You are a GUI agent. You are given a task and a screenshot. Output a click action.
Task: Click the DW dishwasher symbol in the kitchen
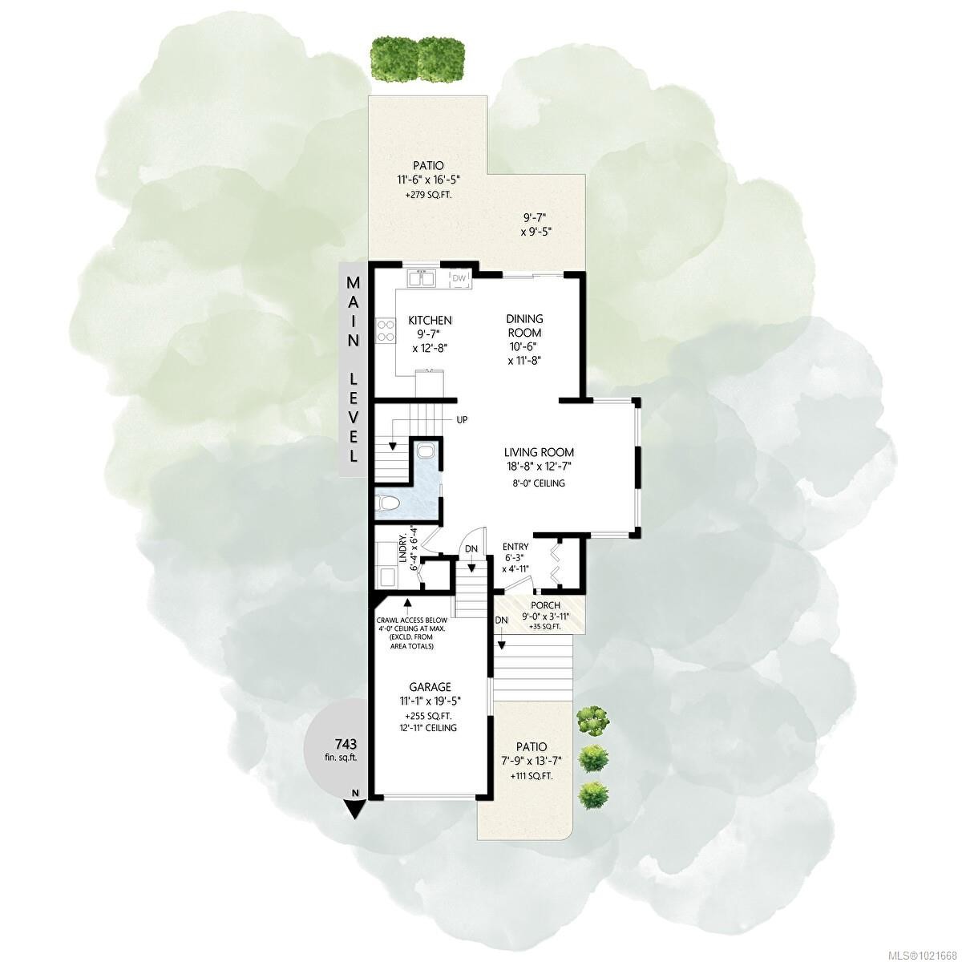click(x=459, y=278)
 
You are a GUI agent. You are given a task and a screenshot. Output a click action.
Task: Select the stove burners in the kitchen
click(x=386, y=330)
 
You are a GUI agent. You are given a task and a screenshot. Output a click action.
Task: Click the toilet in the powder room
click(x=388, y=503)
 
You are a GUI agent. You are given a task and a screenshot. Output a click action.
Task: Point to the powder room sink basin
click(x=425, y=450)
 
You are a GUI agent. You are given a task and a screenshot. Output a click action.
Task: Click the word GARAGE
click(x=430, y=687)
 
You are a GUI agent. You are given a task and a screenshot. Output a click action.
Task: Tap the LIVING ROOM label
click(x=539, y=452)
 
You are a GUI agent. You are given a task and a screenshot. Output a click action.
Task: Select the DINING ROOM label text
click(x=524, y=325)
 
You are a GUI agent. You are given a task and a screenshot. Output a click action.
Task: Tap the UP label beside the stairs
click(x=463, y=419)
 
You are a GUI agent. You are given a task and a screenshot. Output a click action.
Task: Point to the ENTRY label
click(x=515, y=547)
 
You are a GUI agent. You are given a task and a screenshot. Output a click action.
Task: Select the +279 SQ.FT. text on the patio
click(x=429, y=194)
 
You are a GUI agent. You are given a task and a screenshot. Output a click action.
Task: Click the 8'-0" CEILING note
click(x=539, y=483)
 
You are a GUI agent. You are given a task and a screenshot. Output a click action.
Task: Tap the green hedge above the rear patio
click(x=418, y=58)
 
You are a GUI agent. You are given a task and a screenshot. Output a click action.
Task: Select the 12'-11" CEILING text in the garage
click(x=430, y=727)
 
